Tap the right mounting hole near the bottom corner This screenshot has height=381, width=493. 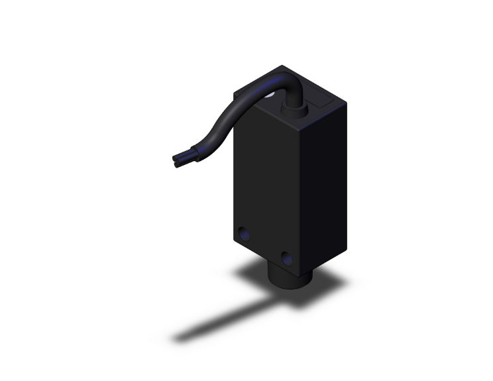coord(287,257)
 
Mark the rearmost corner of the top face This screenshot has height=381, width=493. coord(283,66)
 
